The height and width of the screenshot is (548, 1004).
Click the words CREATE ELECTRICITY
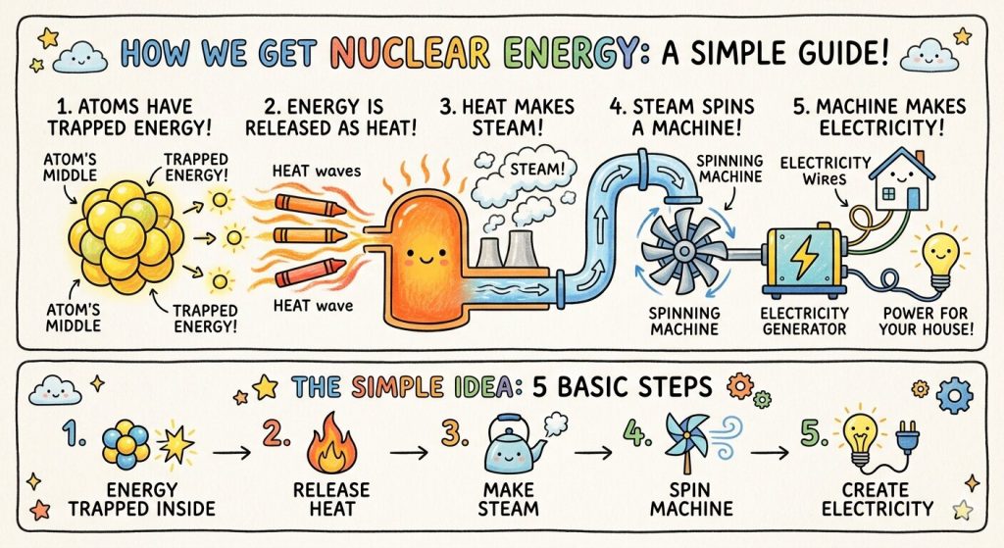point(878,498)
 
